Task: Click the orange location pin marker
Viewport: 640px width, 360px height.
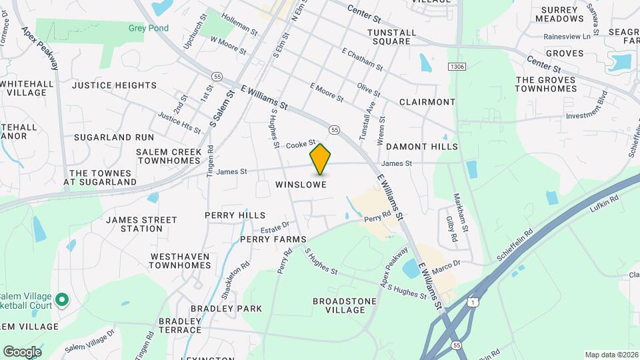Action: [320, 159]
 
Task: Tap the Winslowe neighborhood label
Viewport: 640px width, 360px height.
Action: [301, 185]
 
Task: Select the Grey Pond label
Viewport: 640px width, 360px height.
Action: [148, 28]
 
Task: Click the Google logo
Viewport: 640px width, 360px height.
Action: [21, 351]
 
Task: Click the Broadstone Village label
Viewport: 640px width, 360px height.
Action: [344, 305]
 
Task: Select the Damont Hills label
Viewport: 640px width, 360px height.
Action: [421, 146]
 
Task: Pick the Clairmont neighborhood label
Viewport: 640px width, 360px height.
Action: [427, 102]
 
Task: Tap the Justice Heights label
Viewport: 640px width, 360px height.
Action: [114, 85]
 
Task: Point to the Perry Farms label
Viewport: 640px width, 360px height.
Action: [273, 239]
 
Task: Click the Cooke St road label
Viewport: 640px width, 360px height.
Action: [301, 143]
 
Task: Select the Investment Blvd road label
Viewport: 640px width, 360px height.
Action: [587, 115]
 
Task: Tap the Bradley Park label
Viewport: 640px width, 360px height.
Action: [226, 309]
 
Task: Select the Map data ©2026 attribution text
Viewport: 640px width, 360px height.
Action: [610, 355]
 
